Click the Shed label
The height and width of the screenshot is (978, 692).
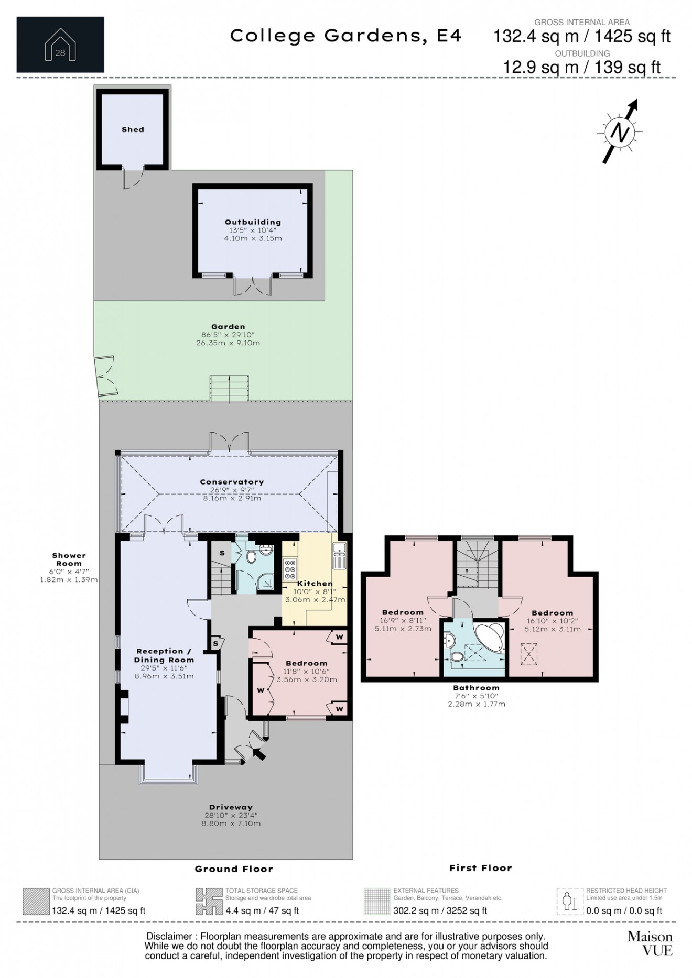click(133, 129)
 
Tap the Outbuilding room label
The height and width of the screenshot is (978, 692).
click(253, 222)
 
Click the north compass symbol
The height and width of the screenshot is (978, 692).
click(621, 132)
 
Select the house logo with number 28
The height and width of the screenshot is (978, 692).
click(60, 45)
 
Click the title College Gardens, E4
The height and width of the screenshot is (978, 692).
click(346, 36)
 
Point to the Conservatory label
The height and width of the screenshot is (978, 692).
click(232, 482)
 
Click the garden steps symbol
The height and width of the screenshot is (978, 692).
click(229, 388)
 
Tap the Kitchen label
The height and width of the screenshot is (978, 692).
click(315, 583)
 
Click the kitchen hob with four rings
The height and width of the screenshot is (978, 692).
click(290, 570)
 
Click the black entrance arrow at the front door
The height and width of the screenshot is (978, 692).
click(259, 753)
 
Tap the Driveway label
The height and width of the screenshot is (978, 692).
click(231, 807)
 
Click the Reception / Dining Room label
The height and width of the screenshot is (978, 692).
click(164, 655)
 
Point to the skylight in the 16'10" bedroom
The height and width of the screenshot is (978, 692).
click(529, 654)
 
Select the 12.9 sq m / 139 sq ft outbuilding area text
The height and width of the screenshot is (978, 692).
click(582, 67)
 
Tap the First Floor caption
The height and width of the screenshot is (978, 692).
click(480, 868)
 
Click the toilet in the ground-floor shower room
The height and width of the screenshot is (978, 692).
click(251, 555)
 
